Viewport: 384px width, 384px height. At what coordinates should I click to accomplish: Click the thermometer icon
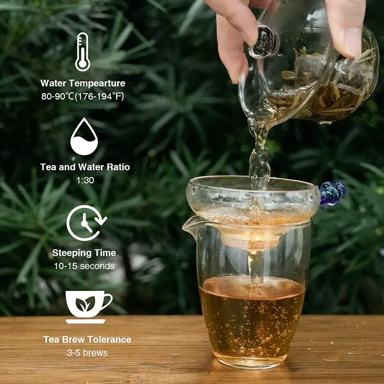tap(83, 52)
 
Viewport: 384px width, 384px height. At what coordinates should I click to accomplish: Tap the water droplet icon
tap(84, 137)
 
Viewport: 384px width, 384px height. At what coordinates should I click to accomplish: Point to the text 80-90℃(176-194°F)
tap(83, 96)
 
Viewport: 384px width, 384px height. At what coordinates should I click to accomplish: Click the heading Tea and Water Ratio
tap(85, 168)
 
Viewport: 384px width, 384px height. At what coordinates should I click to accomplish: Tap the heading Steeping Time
tap(84, 253)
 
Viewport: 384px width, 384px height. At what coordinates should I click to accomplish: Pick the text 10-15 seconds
tap(84, 266)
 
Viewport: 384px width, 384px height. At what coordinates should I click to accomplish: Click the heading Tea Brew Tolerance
tap(87, 339)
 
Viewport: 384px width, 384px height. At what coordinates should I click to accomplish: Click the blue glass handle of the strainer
tap(333, 193)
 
